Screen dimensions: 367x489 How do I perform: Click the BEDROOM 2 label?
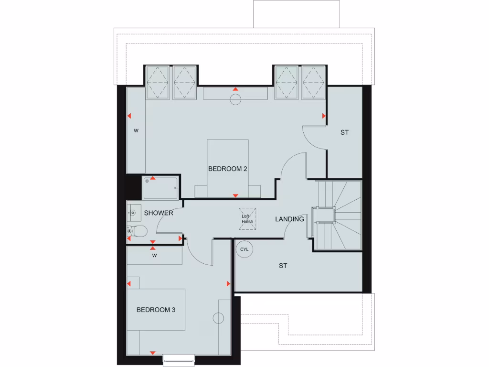[x=227, y=169]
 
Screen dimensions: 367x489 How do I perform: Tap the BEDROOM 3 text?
[x=156, y=310]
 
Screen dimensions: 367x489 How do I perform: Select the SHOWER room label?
[x=159, y=213]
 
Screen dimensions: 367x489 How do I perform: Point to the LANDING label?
[x=289, y=219]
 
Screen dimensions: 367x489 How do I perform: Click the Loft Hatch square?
[x=247, y=219]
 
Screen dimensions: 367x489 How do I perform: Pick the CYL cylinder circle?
[x=244, y=249]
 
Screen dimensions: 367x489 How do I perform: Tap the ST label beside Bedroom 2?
[x=344, y=132]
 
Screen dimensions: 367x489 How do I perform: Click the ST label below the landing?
[x=283, y=266]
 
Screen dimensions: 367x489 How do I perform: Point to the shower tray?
[x=161, y=187]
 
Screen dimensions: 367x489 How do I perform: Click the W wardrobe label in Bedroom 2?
[x=136, y=130]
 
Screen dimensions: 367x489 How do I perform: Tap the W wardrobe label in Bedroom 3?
[x=154, y=256]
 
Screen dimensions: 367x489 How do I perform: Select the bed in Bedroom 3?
[x=156, y=310]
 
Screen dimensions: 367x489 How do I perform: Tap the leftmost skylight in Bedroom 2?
[x=158, y=82]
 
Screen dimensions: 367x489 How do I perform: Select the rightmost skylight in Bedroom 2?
[x=314, y=82]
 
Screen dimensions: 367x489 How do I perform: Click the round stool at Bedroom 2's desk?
[x=235, y=99]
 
